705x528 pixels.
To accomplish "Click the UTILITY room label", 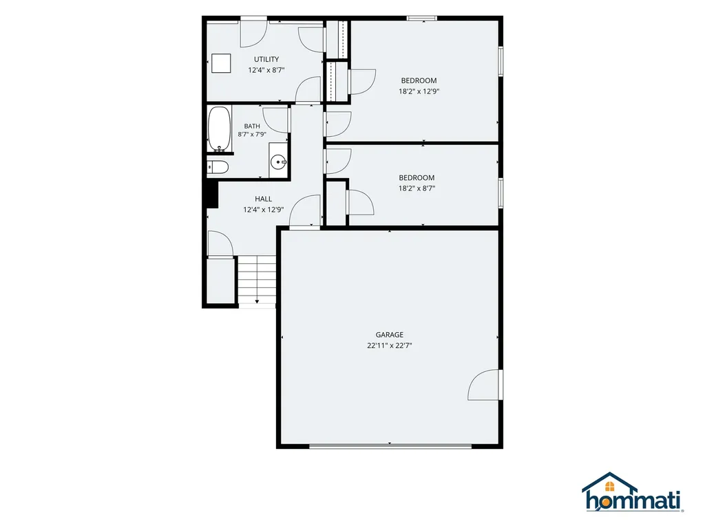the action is coord(266,59).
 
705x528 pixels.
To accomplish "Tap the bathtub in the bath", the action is coord(220,129).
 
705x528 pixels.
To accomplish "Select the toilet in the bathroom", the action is coord(218,167).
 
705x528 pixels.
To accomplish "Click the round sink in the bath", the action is coord(279,162).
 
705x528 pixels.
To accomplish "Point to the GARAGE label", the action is coord(390,335).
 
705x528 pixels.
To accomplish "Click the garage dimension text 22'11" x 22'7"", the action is coord(390,345).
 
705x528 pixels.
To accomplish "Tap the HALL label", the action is coord(263,199).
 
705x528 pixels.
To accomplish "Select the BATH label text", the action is coord(252,126).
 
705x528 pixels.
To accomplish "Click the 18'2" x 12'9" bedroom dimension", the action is coord(419,91).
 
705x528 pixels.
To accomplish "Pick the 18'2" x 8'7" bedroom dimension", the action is coord(417,188).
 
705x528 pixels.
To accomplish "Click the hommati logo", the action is coord(633,492).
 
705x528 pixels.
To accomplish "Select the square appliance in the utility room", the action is coord(221,63).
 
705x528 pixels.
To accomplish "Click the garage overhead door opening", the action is coord(390,445).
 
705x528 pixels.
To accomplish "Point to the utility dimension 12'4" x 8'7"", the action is coord(266,70).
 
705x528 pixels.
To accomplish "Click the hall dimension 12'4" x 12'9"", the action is coord(263,210).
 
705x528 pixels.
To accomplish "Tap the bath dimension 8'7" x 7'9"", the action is coord(252,134).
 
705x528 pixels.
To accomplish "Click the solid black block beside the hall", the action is coord(211,193).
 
